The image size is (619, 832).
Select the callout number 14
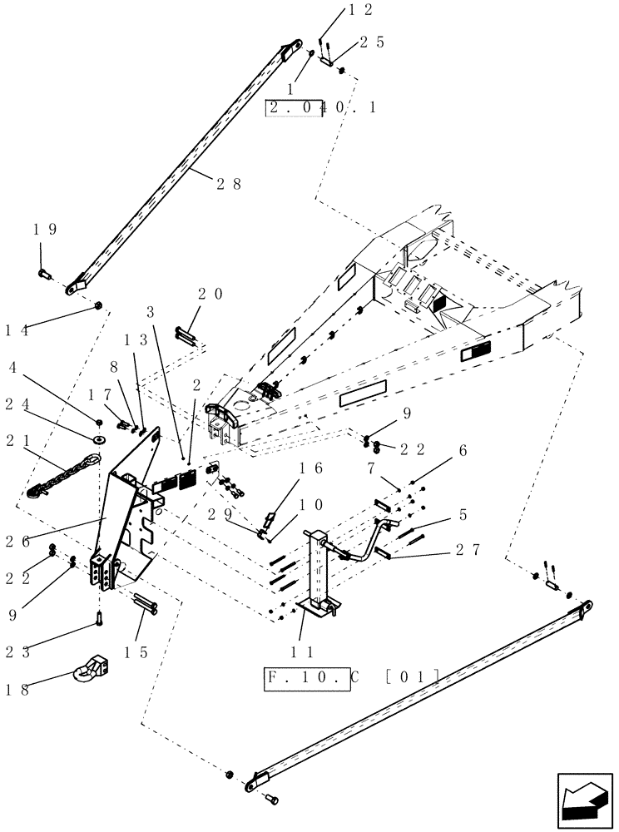tap(16, 330)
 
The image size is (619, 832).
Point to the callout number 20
tap(211, 293)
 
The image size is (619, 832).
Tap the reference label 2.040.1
tap(321, 107)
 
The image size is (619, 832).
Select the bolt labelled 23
tap(99, 619)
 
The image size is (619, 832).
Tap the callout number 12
tap(337, 10)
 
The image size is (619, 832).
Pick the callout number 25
tap(372, 42)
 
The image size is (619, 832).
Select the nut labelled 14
tap(98, 307)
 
